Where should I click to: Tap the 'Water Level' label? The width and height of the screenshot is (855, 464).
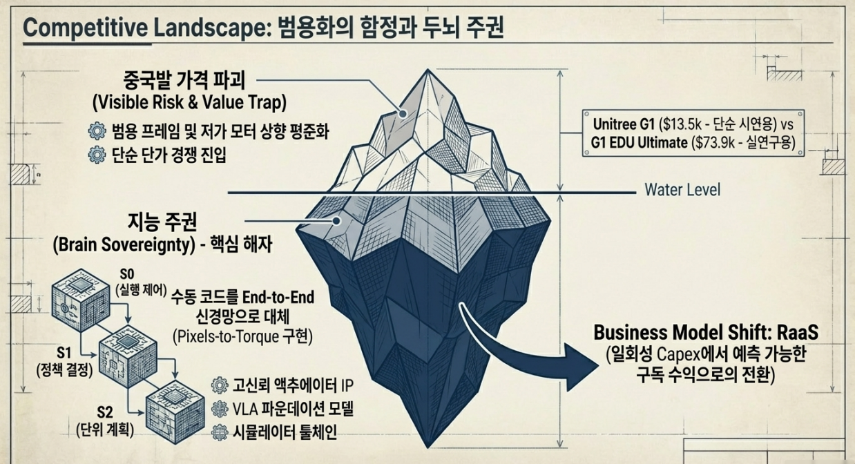point(682,189)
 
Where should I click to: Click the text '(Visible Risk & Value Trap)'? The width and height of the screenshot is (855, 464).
point(189,102)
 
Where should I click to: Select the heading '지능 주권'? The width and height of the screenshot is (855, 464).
point(164,223)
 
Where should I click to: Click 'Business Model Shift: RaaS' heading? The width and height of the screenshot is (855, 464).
point(706,332)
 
